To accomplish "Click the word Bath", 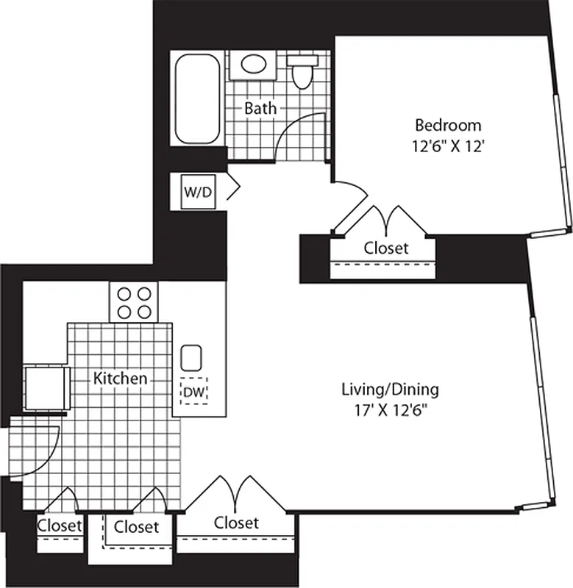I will pos(260,108).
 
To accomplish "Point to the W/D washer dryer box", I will pos(198,193).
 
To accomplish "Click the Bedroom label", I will pos(448,124).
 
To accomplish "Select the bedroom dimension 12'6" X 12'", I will pos(448,146).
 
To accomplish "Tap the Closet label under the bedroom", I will pos(385,248).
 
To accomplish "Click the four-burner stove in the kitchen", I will pos(135,302).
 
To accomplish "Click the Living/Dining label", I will pos(390,389).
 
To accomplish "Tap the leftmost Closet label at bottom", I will pos(59,526).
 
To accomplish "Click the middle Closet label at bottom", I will pos(136,527).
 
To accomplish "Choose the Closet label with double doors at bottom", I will pos(236,523).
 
